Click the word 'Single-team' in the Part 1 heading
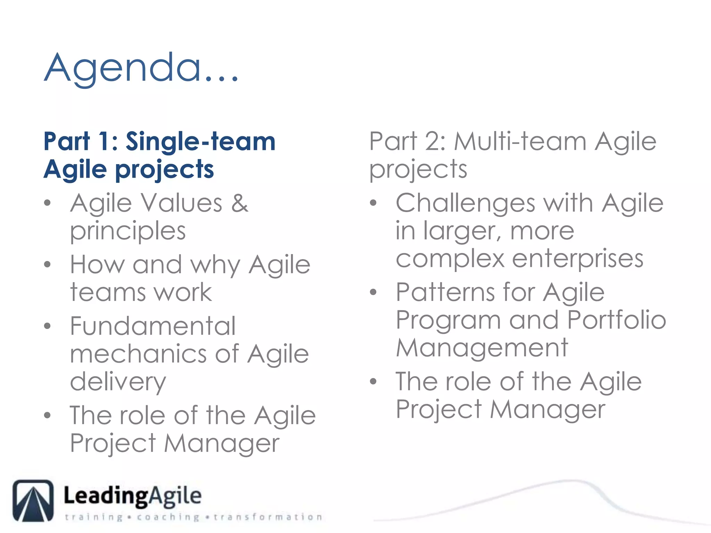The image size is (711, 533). point(200,142)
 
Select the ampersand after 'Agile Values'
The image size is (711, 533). point(240,203)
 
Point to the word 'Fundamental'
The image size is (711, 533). point(153,326)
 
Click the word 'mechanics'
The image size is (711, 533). point(137,354)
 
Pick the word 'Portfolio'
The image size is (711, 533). point(616,320)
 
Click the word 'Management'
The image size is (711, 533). point(482,348)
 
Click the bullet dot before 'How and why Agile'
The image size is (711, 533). point(48,265)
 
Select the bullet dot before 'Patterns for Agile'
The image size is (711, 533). point(373,292)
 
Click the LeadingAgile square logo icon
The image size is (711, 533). point(33,500)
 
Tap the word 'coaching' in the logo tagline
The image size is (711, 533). point(168,517)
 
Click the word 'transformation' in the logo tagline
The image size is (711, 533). point(268,517)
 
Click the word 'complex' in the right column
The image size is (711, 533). point(450,259)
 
